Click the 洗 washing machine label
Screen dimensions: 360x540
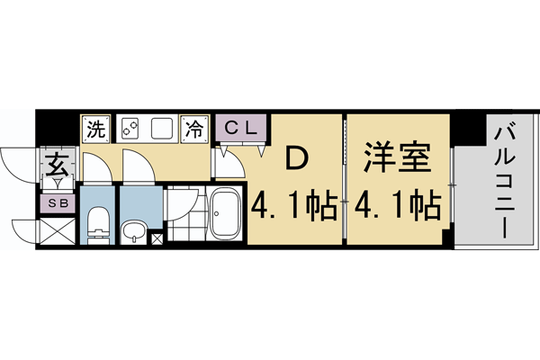point(95,128)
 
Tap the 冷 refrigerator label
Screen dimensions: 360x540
point(193,128)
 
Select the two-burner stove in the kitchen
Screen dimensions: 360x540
point(129,128)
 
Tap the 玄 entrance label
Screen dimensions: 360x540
point(57,167)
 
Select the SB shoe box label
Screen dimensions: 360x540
point(57,203)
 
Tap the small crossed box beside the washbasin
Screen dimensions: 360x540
point(158,238)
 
